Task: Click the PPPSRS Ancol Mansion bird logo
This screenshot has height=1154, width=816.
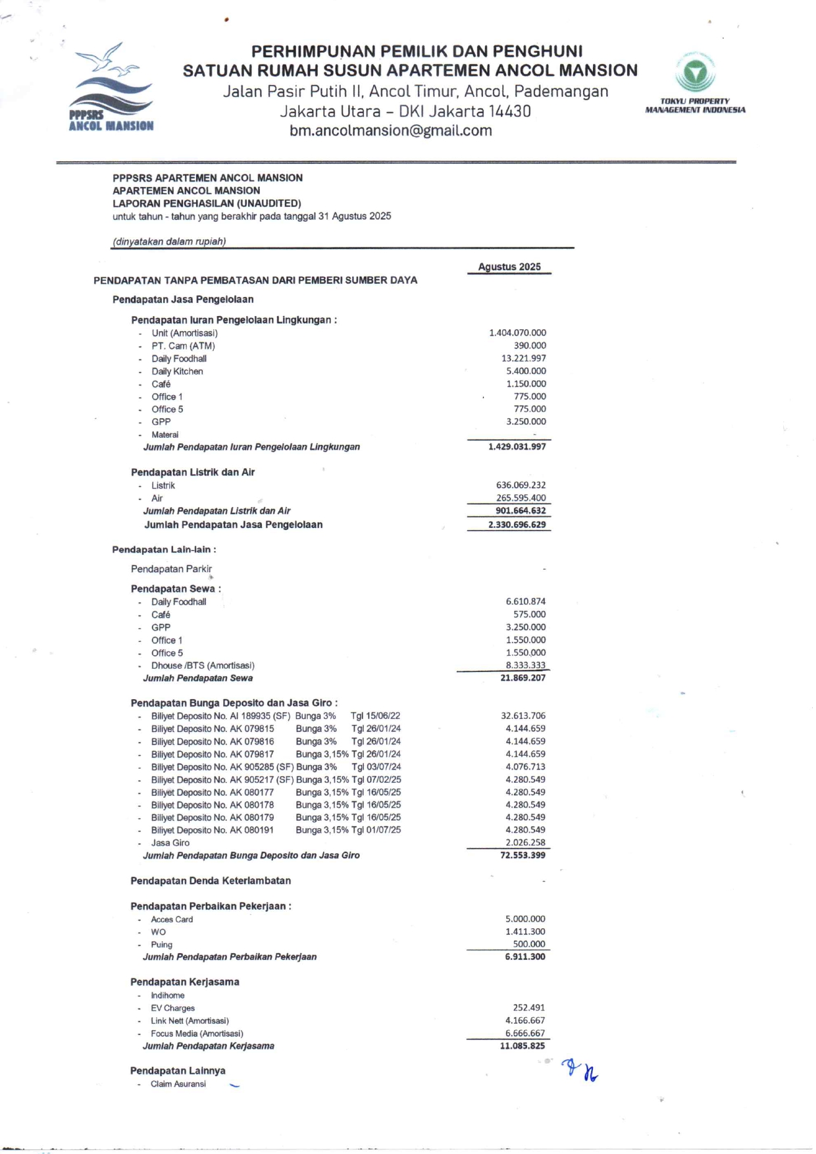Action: pos(111,88)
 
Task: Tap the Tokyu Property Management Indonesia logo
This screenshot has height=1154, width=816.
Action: pos(695,82)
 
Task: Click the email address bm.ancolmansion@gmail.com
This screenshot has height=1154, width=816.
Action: pos(391,130)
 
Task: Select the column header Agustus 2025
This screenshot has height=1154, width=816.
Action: pos(509,267)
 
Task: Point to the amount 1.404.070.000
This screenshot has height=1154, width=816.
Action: pos(517,333)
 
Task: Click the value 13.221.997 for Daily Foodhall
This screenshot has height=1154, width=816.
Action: pos(523,358)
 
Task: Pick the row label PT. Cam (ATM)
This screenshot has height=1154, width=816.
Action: pos(183,346)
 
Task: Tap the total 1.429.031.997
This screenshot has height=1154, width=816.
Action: pos(517,446)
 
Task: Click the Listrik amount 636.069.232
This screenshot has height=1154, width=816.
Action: pos(521,485)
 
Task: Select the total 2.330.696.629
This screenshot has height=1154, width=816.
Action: pos(517,525)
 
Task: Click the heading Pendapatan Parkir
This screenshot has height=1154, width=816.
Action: pos(171,569)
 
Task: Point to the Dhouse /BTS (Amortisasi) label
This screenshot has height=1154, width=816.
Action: pos(203,666)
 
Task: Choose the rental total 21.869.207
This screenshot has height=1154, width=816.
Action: pos(523,678)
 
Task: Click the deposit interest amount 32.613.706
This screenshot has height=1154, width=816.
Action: pos(523,716)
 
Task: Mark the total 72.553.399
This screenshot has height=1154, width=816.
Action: pos(523,855)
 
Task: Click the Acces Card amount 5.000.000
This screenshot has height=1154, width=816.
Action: pos(525,919)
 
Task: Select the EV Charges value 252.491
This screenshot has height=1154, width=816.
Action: pos(529,1008)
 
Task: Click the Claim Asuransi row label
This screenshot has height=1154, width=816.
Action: pos(178,1084)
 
